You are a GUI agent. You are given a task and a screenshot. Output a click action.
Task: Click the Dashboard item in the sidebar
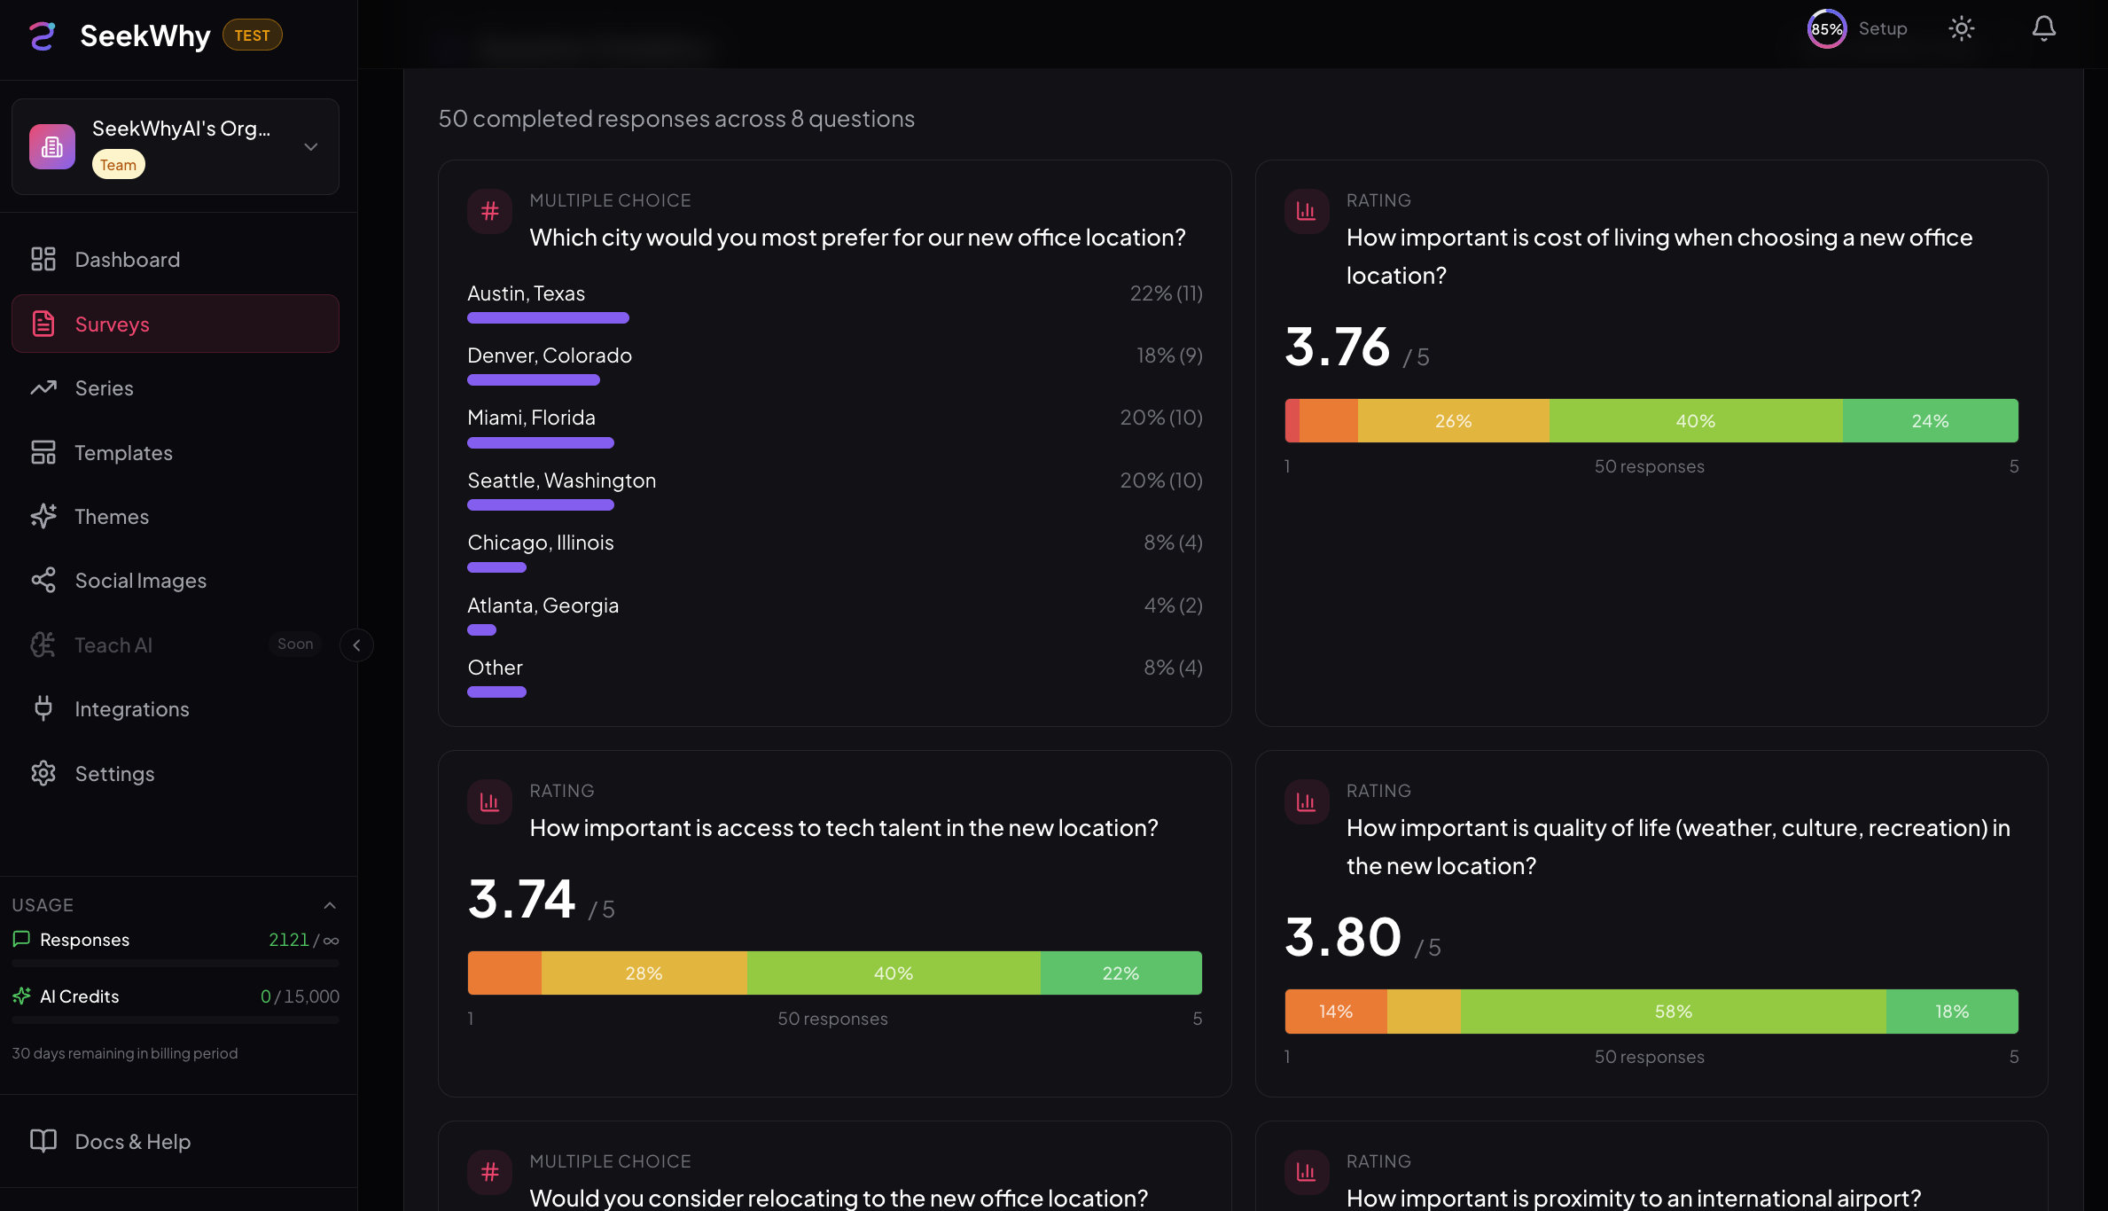(x=127, y=260)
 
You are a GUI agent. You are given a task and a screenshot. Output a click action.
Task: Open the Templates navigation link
(x=123, y=453)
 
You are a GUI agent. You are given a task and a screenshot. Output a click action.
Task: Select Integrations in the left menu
(x=131, y=709)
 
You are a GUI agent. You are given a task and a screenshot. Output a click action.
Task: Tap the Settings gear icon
(x=43, y=774)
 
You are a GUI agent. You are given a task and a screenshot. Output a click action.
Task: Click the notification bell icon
(x=2043, y=29)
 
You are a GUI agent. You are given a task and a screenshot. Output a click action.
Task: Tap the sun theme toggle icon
(x=1961, y=29)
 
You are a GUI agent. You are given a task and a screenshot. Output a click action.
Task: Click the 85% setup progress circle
(x=1826, y=29)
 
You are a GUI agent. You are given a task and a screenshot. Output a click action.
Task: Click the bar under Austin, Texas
(x=548, y=318)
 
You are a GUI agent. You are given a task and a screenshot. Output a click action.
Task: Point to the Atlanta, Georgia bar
(x=481, y=630)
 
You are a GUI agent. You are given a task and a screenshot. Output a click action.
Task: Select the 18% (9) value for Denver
(x=1169, y=355)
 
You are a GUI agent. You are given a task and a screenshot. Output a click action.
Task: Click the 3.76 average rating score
(x=1337, y=347)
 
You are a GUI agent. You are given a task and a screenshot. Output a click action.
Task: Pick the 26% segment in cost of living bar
(x=1453, y=421)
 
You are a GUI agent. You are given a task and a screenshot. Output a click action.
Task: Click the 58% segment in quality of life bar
(x=1673, y=1012)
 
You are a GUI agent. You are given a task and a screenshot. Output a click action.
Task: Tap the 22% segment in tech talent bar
(x=1120, y=973)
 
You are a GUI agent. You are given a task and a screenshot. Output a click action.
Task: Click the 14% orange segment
(x=1335, y=1012)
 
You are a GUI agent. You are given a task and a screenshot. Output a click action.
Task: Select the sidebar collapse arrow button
(x=356, y=645)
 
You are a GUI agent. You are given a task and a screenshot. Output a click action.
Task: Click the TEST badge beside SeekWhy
(x=252, y=35)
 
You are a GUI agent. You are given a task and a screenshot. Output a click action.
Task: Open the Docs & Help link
(x=132, y=1142)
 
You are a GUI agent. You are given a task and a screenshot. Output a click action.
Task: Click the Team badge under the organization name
(x=118, y=165)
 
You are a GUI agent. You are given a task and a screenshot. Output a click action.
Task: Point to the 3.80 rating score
(x=1343, y=937)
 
